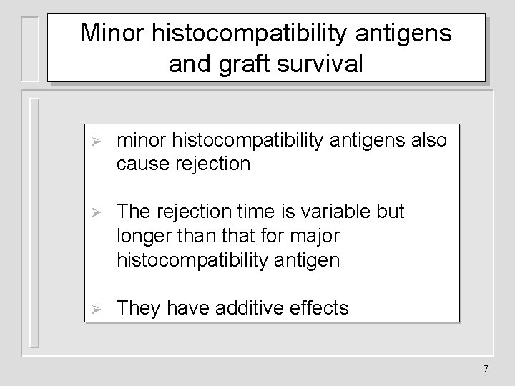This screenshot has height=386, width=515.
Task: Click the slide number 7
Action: pos(486,369)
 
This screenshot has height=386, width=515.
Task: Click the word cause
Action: pos(141,164)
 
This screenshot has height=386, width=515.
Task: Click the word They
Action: pos(138,308)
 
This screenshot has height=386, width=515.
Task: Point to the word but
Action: pos(390,212)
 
